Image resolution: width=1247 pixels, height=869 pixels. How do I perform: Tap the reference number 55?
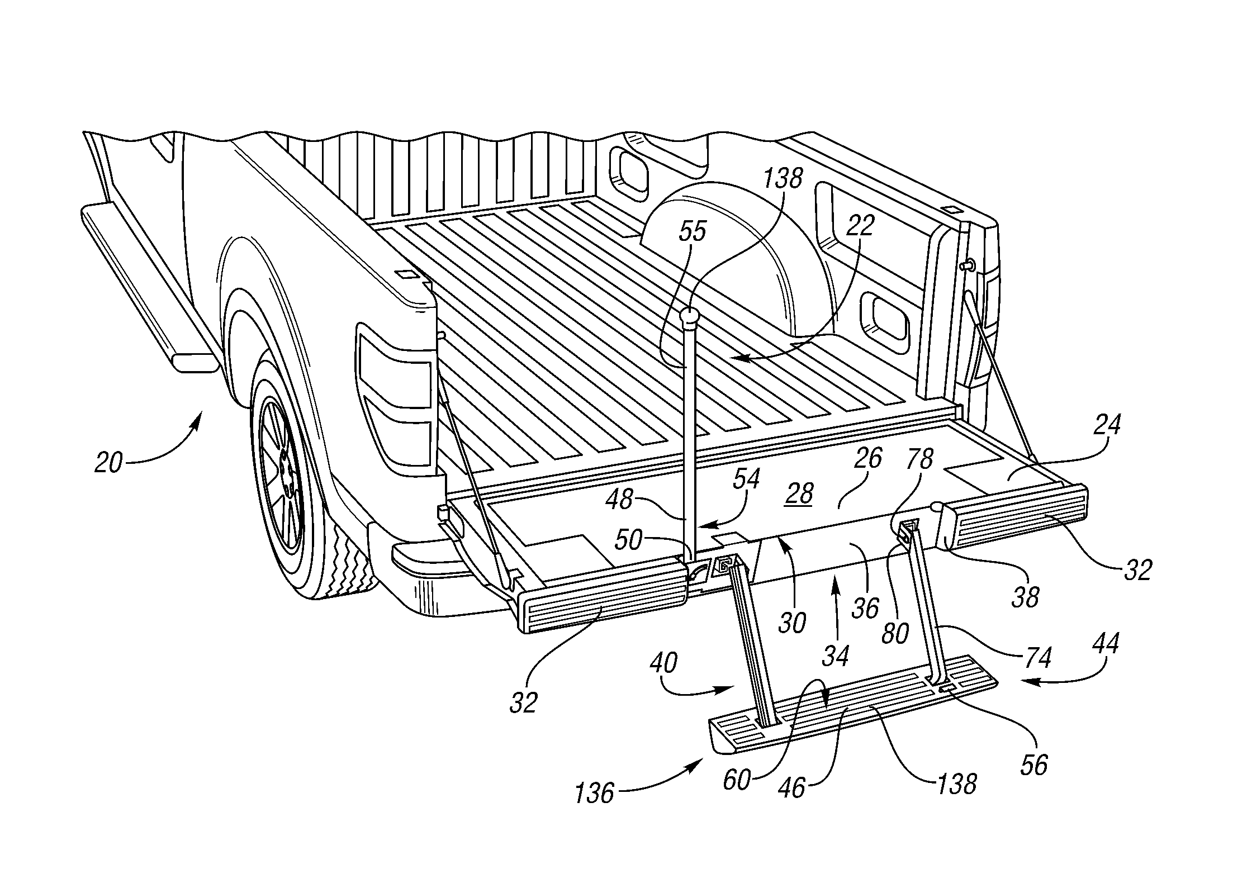point(692,232)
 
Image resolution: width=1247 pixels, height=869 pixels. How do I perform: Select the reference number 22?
point(859,226)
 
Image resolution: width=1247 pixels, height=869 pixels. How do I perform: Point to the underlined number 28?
point(799,494)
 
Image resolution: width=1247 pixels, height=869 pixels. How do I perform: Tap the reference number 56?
point(1033,765)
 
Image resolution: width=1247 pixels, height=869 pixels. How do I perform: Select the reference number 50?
point(628,541)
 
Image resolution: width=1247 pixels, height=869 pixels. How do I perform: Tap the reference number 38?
point(1025,597)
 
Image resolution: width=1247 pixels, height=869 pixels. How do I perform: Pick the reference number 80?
point(895,633)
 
